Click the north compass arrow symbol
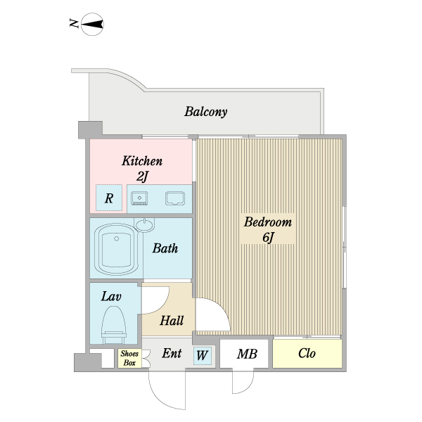92,25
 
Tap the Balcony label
205,112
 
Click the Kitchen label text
142,161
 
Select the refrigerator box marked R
109,198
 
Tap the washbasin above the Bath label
145,225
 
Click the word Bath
165,248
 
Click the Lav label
112,297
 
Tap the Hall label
171,321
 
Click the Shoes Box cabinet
129,358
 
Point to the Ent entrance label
172,354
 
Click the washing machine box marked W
202,356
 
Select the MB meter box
245,354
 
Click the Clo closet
307,354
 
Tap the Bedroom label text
267,222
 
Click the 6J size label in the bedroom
267,238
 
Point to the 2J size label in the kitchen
142,177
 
